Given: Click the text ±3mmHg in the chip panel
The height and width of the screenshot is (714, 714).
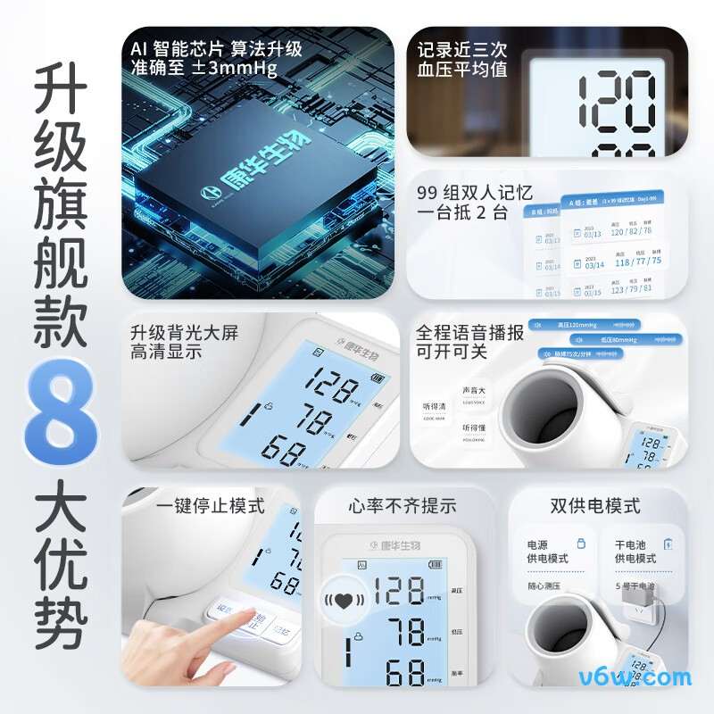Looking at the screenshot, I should [x=234, y=68].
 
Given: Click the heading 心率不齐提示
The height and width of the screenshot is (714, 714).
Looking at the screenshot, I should [x=403, y=506].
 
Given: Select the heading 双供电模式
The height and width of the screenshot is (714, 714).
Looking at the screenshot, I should [x=596, y=506].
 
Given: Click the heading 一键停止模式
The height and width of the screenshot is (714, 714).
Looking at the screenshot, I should [x=211, y=506].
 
